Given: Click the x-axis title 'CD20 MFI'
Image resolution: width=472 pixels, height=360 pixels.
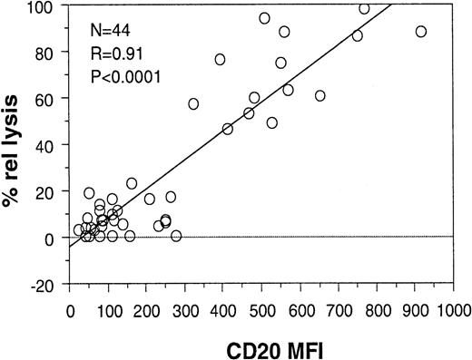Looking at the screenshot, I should click(262, 346).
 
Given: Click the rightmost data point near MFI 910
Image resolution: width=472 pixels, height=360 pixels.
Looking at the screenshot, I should click(421, 32).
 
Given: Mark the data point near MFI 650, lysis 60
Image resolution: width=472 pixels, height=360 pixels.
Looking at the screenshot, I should click(320, 95).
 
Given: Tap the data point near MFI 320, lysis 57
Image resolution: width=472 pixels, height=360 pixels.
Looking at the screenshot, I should click(193, 103).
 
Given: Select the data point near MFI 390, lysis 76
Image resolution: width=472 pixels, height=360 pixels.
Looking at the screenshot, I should click(220, 59).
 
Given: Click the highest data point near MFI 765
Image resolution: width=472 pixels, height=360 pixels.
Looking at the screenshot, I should click(364, 9).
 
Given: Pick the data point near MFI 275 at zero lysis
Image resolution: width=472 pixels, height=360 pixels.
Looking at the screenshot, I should click(176, 236).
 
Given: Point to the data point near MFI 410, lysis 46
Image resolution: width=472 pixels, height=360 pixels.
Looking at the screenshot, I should click(227, 129).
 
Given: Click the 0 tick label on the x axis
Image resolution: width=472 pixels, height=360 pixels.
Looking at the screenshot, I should click(71, 308).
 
